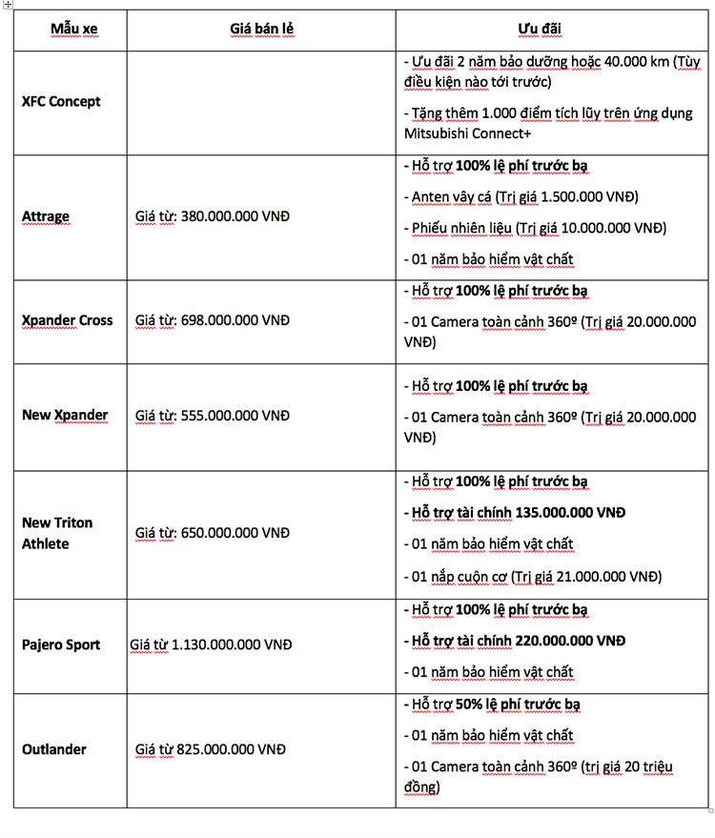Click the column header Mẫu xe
pyautogui.click(x=73, y=30)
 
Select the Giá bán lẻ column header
pyautogui.click(x=261, y=30)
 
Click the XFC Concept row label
pyautogui.click(x=61, y=101)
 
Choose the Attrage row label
pyautogui.click(x=46, y=216)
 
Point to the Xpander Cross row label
pyautogui.click(x=67, y=320)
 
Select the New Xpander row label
pyautogui.click(x=65, y=415)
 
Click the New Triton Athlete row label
pyautogui.click(x=58, y=533)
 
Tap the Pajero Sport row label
pyautogui.click(x=61, y=644)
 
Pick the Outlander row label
pyautogui.click(x=54, y=749)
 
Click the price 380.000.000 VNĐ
pyautogui.click(x=235, y=216)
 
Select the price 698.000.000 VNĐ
pyautogui.click(x=235, y=320)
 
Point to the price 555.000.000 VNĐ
pyautogui.click(x=235, y=416)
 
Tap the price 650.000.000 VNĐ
pyautogui.click(x=235, y=533)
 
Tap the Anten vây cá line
pyautogui.click(x=524, y=196)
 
